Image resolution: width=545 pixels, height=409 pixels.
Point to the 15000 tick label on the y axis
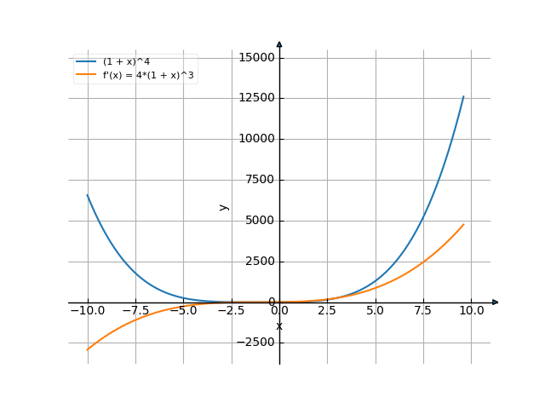256,58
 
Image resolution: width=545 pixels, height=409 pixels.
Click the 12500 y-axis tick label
256,99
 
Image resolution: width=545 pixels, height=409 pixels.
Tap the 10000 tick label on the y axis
256,139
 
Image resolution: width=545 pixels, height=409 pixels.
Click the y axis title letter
224,207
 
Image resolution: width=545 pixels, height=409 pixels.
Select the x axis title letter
279,326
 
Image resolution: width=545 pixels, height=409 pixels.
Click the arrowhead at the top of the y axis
279,43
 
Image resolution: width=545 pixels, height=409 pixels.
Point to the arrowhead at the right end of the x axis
496,302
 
